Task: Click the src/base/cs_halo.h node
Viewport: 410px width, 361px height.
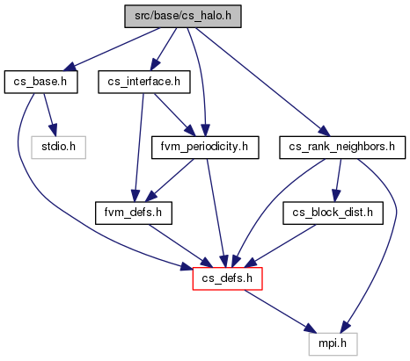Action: (x=183, y=17)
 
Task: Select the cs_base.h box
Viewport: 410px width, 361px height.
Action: (x=40, y=82)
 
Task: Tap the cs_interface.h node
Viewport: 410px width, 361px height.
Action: (x=144, y=82)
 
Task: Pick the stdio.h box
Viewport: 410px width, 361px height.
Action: (x=58, y=148)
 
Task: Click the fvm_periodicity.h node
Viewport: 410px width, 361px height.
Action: (x=205, y=148)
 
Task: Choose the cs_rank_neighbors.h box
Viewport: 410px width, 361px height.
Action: (x=342, y=148)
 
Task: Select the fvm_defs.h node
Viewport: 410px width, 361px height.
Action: (x=134, y=213)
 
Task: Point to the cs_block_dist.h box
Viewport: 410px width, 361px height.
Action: (x=333, y=213)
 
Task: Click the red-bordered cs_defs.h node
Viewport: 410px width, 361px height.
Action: (x=227, y=278)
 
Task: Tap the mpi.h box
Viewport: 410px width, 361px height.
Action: (x=333, y=344)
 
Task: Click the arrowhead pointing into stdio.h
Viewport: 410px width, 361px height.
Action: (x=53, y=130)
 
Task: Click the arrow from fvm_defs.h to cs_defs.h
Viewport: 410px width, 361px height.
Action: (x=179, y=246)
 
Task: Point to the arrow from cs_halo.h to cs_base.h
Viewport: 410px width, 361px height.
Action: (x=112, y=49)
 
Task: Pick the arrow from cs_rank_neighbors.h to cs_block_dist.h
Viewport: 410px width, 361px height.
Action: (x=338, y=180)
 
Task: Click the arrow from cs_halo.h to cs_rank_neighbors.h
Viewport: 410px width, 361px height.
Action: (x=262, y=82)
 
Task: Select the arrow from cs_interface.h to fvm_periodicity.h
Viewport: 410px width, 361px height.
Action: (x=174, y=115)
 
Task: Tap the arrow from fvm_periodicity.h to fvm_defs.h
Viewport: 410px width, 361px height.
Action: (x=169, y=180)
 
